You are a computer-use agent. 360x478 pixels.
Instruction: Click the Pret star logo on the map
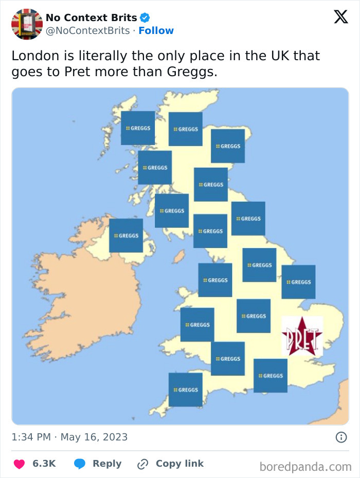pos(302,337)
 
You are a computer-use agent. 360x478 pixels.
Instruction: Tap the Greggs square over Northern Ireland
pos(126,236)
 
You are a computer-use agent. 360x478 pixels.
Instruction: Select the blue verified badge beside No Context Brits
pos(145,17)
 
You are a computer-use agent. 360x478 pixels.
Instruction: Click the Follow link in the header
pos(156,30)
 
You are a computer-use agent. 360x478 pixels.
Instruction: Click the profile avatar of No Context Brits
pos(27,24)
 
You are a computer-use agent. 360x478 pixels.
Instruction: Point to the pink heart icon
pos(19,464)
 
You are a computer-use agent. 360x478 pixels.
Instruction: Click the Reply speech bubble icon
pos(80,464)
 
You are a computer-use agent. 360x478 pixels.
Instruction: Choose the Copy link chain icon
pos(142,464)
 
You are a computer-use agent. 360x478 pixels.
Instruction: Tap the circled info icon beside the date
pos(340,437)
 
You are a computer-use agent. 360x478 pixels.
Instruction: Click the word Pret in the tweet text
pos(77,72)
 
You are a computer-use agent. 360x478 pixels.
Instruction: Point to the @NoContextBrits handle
pos(87,30)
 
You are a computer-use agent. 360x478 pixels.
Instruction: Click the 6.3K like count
pos(44,464)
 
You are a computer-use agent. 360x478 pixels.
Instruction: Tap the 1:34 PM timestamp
pos(31,437)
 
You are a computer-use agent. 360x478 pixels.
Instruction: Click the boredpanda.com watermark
pos(305,467)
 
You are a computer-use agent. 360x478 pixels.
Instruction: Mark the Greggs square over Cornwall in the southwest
pos(186,390)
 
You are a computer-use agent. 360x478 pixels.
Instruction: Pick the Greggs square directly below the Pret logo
pos(271,376)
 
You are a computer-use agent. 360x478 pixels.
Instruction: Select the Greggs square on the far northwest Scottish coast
pos(138,128)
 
